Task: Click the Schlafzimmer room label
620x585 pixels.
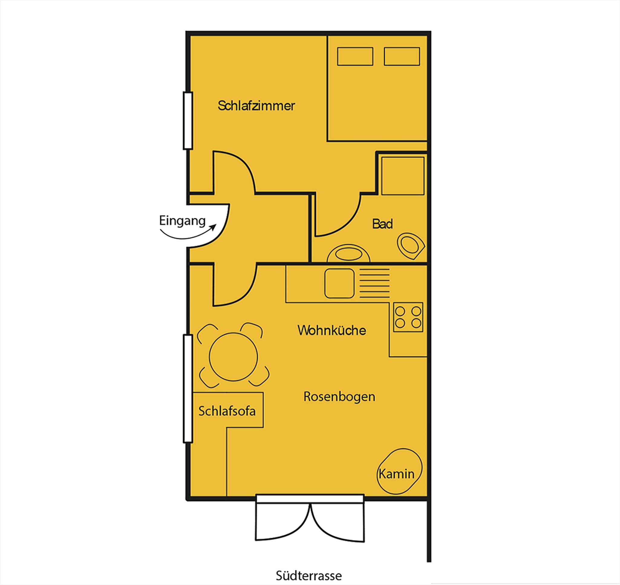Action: click(x=256, y=106)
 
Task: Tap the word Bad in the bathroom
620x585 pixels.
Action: click(x=382, y=224)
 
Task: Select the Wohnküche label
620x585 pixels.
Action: click(x=332, y=330)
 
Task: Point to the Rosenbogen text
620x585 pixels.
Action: click(x=339, y=396)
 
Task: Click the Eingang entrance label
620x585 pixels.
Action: click(x=182, y=221)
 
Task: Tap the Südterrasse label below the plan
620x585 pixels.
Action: click(x=309, y=575)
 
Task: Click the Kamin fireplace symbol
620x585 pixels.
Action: click(x=399, y=471)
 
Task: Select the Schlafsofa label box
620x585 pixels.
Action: click(x=228, y=410)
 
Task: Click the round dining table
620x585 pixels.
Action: click(x=233, y=357)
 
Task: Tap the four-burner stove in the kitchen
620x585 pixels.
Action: click(x=408, y=317)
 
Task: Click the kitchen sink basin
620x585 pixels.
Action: click(x=339, y=283)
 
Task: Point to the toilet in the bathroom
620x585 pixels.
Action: click(x=411, y=246)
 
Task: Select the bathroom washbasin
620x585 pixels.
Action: click(x=349, y=254)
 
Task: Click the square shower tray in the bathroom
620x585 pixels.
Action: click(x=403, y=176)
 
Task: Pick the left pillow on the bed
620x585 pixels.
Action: click(x=355, y=56)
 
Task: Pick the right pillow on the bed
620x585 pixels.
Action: click(x=402, y=56)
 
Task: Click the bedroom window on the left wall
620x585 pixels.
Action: click(x=188, y=121)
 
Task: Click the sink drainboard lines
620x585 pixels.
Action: click(x=374, y=283)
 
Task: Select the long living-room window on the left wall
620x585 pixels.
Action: click(x=188, y=388)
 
